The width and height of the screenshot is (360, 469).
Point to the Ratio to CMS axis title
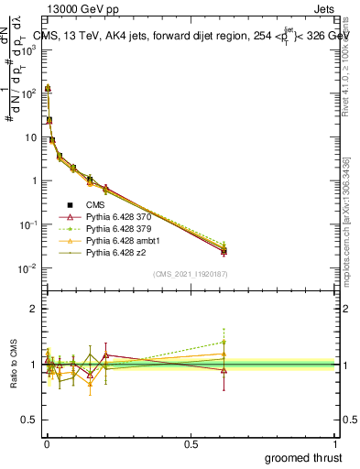[14, 365]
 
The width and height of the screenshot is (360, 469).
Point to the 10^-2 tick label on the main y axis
[26, 268]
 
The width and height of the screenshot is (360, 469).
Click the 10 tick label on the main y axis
[27, 137]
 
